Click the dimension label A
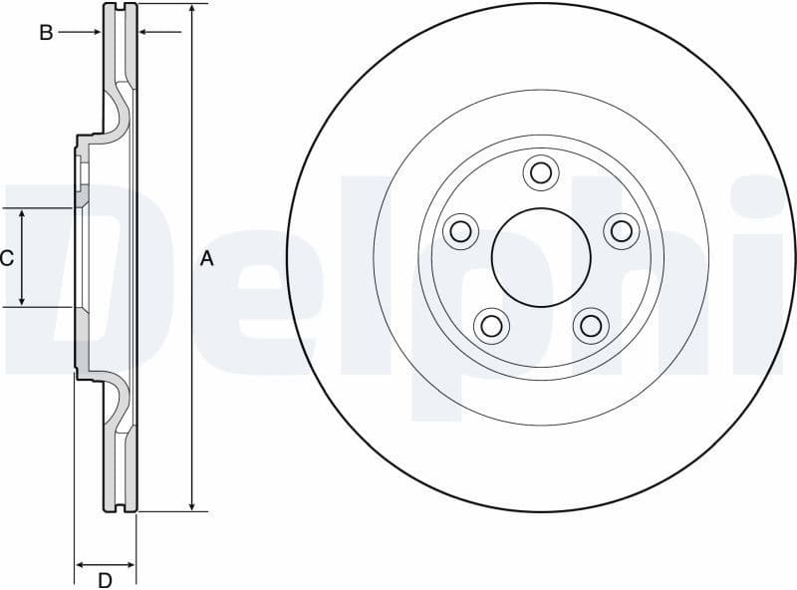[207, 259]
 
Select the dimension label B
[46, 33]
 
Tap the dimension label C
[7, 259]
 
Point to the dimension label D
[105, 579]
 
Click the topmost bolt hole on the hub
[540, 172]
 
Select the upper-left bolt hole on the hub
[460, 231]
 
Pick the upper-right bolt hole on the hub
[621, 231]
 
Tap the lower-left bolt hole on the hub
[490, 324]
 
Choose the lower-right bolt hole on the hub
[591, 324]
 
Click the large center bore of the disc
[540, 257]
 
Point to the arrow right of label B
[95, 33]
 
